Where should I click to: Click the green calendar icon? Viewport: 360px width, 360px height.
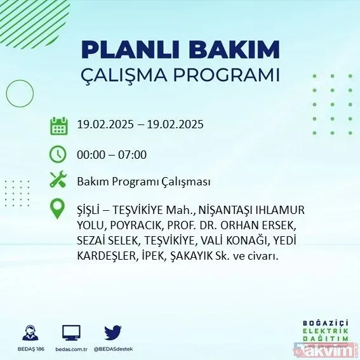pyautogui.click(x=59, y=125)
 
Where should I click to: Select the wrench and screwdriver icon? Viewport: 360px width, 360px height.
pyautogui.click(x=58, y=180)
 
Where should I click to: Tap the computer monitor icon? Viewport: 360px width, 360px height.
pyautogui.click(x=71, y=333)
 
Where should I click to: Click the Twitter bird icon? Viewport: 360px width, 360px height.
pyautogui.click(x=113, y=333)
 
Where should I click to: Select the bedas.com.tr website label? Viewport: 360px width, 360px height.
pyautogui.click(x=71, y=349)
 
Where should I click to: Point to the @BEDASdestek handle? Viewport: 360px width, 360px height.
pyautogui.click(x=113, y=349)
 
